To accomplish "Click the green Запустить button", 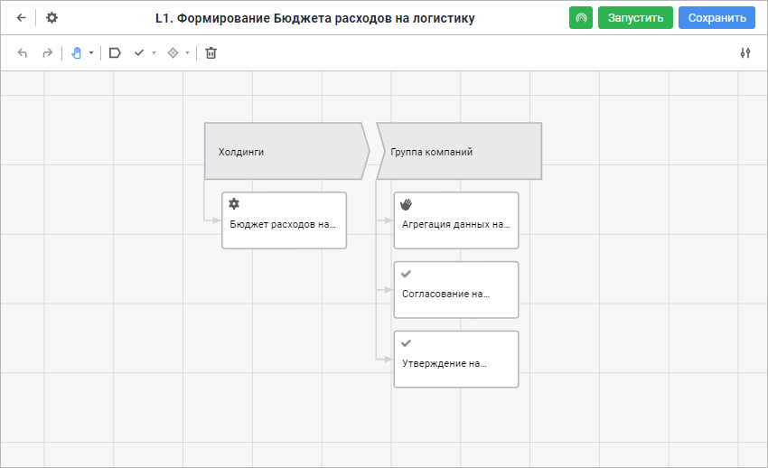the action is pyautogui.click(x=635, y=18).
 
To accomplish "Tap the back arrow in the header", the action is pyautogui.click(x=21, y=18).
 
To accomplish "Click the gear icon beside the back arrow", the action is pyautogui.click(x=52, y=18).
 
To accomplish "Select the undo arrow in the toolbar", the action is pyautogui.click(x=23, y=53).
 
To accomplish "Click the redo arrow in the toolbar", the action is pyautogui.click(x=48, y=53).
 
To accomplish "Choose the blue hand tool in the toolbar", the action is pyautogui.click(x=77, y=53).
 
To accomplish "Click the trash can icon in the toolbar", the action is pyautogui.click(x=211, y=53).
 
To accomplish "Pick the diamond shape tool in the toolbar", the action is pyautogui.click(x=173, y=53).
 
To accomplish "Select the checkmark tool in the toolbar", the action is pyautogui.click(x=139, y=53).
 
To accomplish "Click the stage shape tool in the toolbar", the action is pyautogui.click(x=115, y=53).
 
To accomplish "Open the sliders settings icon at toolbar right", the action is pyautogui.click(x=745, y=53).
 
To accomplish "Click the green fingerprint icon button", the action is pyautogui.click(x=581, y=18).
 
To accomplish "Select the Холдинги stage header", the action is pyautogui.click(x=286, y=151).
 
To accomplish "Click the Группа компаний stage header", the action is pyautogui.click(x=459, y=151).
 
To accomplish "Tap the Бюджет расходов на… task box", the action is pyautogui.click(x=284, y=220).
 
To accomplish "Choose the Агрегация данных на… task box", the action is pyautogui.click(x=456, y=220).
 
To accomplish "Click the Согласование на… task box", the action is pyautogui.click(x=456, y=290).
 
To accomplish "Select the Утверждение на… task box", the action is pyautogui.click(x=456, y=360).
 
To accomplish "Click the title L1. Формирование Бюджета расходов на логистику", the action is pyautogui.click(x=315, y=18).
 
